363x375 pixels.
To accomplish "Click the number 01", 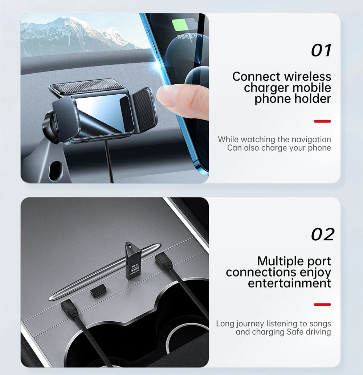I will click(321, 51).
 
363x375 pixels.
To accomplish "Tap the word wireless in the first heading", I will click(308, 77).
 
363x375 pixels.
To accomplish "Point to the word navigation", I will click(311, 139).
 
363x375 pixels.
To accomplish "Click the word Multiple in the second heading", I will click(276, 261).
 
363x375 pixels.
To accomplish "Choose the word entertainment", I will click(289, 283).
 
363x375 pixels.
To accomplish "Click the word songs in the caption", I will click(320, 323).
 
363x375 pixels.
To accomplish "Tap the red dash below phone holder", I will click(322, 121).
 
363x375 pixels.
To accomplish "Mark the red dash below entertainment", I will click(322, 305).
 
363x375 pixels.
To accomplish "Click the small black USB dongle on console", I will click(97, 291).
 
